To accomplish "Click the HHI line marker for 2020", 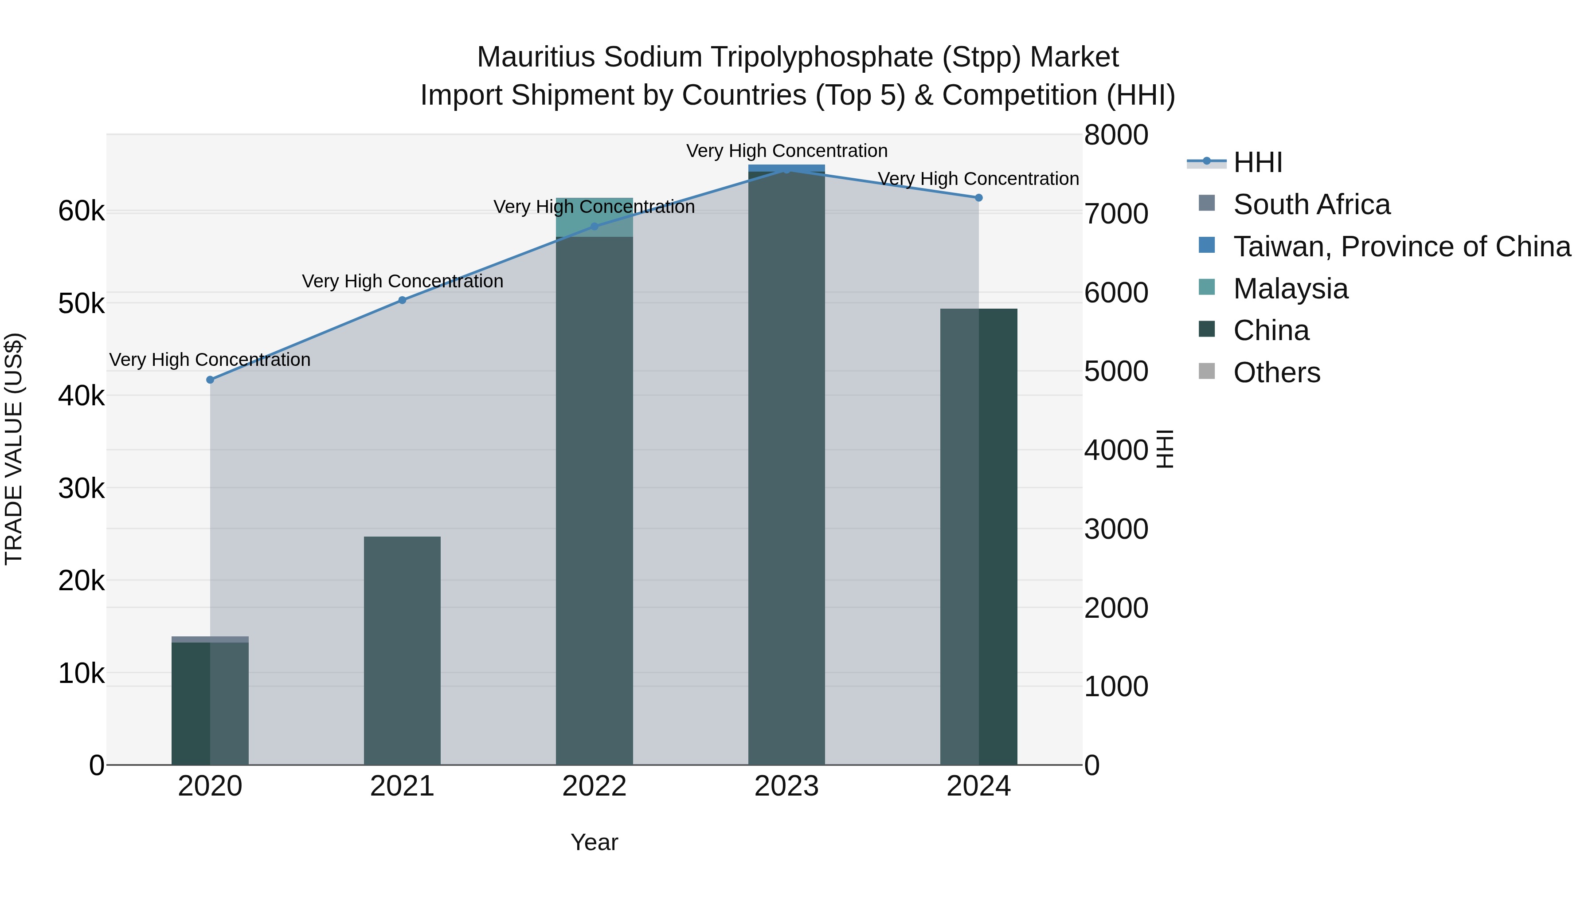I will click(210, 379).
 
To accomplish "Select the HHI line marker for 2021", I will click(402, 300).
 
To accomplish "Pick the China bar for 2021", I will click(402, 651).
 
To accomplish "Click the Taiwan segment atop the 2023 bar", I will click(787, 167).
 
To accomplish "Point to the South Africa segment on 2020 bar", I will click(210, 639).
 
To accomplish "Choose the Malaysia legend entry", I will click(1290, 289).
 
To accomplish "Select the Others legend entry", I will click(1276, 373).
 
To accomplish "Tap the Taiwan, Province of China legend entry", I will click(1401, 247).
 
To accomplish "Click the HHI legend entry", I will click(1258, 162).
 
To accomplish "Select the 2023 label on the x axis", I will click(787, 786).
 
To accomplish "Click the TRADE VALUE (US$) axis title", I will click(14, 449).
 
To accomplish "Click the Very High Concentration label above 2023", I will click(787, 151).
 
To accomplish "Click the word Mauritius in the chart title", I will click(536, 57).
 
